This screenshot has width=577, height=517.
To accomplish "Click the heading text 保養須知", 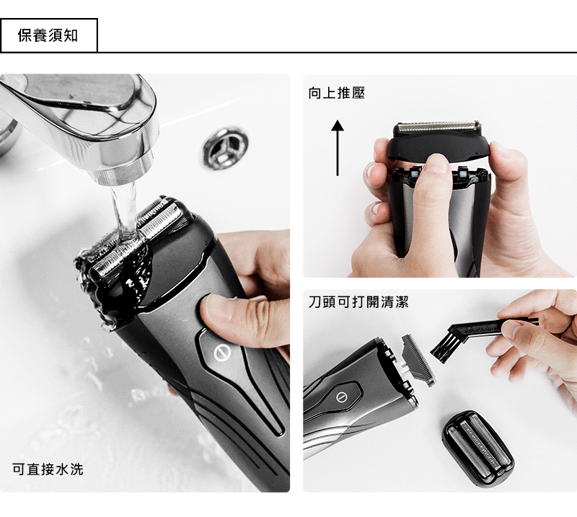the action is pos(48,36).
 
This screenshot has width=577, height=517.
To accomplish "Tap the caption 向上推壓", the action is pos(337,93).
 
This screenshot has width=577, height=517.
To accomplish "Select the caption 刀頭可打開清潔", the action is pos(358,301).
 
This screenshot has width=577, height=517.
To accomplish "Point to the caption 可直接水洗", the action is pos(48,469).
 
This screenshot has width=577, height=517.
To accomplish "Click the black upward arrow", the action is pos(338,148).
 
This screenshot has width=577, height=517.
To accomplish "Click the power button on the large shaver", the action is pos(223,353).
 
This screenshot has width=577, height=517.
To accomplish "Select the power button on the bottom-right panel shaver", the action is pos(341,397).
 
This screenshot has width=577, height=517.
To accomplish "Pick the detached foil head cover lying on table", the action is pos(477,448).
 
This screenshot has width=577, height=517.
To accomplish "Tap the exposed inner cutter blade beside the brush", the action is pos(418,359).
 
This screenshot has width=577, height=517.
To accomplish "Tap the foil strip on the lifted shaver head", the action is pos(438,127).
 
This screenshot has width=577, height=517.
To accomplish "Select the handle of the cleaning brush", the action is pos(490,327).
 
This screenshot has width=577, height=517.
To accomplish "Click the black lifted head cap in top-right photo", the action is pos(438,141).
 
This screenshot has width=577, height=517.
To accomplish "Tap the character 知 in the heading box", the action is pos(71,36).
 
